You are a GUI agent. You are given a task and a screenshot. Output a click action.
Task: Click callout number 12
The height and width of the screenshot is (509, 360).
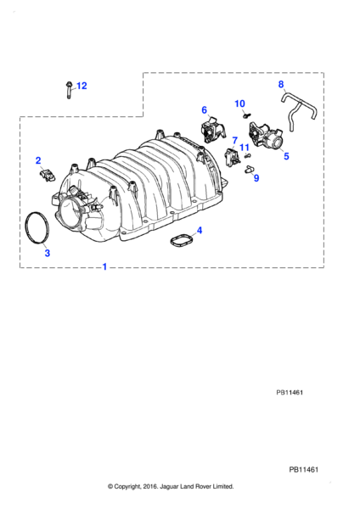click(x=82, y=86)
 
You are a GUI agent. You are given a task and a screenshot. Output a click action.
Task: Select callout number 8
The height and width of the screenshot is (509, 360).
click(x=282, y=84)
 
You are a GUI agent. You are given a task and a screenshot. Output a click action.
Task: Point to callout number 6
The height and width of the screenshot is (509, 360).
click(x=205, y=109)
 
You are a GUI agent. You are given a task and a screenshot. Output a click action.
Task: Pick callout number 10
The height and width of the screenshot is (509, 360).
click(x=239, y=103)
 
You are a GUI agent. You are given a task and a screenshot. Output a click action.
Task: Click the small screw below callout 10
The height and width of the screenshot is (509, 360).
click(x=245, y=115)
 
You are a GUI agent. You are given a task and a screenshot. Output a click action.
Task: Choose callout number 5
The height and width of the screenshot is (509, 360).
click(x=286, y=156)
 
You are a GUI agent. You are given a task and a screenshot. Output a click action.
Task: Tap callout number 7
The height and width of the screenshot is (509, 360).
click(x=235, y=139)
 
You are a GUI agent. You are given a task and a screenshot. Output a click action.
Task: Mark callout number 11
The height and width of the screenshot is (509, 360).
click(x=245, y=148)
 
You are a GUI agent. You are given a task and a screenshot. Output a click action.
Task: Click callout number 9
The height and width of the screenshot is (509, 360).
click(x=256, y=178)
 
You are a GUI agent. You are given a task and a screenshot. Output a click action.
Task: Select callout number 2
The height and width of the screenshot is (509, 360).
click(x=38, y=160)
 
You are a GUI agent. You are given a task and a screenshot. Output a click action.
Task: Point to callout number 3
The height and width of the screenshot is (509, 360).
click(x=48, y=253)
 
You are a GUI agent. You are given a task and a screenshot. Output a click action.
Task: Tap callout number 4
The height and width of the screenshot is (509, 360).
click(x=199, y=230)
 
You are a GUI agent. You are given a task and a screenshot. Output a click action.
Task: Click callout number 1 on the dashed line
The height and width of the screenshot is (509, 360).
click(x=104, y=266)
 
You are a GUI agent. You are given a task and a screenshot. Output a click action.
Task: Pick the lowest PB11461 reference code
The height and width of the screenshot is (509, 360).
click(x=305, y=468)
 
